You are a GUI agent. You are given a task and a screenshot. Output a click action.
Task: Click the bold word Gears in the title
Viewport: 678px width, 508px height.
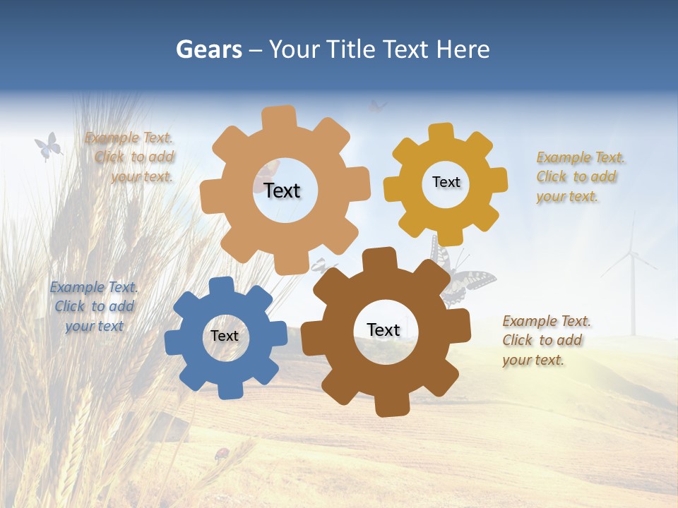coord(208,49)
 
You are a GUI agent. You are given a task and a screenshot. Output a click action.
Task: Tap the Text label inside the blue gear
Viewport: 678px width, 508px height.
coord(225,336)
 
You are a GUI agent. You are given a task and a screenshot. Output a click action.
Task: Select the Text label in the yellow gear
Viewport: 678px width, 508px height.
coord(446,182)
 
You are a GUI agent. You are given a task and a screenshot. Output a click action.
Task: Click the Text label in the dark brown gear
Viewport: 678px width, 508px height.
coord(383,329)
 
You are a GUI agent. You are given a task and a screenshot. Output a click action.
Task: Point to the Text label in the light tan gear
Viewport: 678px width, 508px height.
coord(282,190)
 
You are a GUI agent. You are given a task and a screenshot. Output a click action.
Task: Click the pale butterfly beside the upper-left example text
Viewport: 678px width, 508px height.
coord(47,147)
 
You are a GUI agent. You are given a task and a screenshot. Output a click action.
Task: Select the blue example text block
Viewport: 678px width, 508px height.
coord(94,306)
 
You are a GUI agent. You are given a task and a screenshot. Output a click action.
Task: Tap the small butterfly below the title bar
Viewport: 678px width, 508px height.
coord(377,107)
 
